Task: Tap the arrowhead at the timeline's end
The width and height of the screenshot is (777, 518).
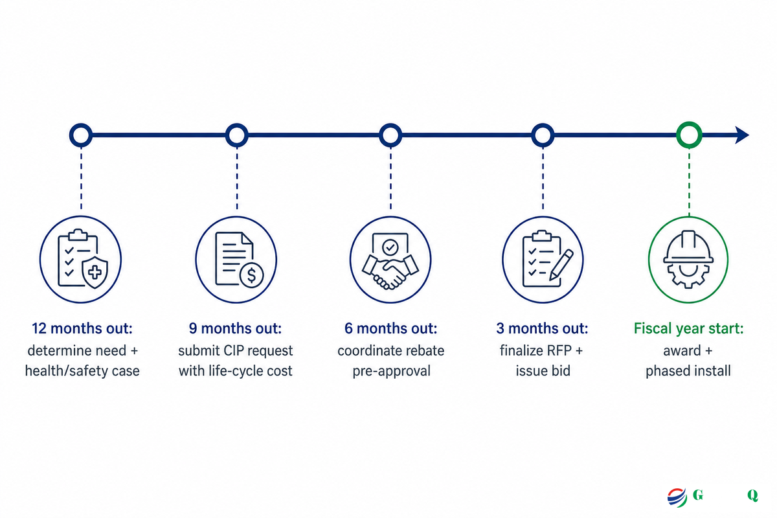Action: point(741,135)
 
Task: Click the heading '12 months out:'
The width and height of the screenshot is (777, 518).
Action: point(82,328)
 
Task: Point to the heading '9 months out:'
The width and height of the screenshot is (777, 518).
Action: point(235,328)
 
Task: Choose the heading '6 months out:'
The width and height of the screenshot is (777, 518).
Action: point(390,328)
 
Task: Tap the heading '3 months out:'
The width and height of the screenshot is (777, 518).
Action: point(542,328)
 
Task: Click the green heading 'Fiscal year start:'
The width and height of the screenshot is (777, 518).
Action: point(688,328)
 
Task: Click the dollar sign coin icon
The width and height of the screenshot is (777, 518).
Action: point(251,275)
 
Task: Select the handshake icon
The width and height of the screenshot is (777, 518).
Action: point(390,272)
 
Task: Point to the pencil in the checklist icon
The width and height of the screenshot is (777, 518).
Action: point(561,265)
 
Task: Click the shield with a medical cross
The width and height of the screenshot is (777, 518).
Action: point(95,273)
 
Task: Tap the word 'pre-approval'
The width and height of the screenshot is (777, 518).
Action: point(391,371)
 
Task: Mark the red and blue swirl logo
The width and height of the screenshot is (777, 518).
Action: point(677,497)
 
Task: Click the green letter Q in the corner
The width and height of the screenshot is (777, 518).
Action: point(752,495)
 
